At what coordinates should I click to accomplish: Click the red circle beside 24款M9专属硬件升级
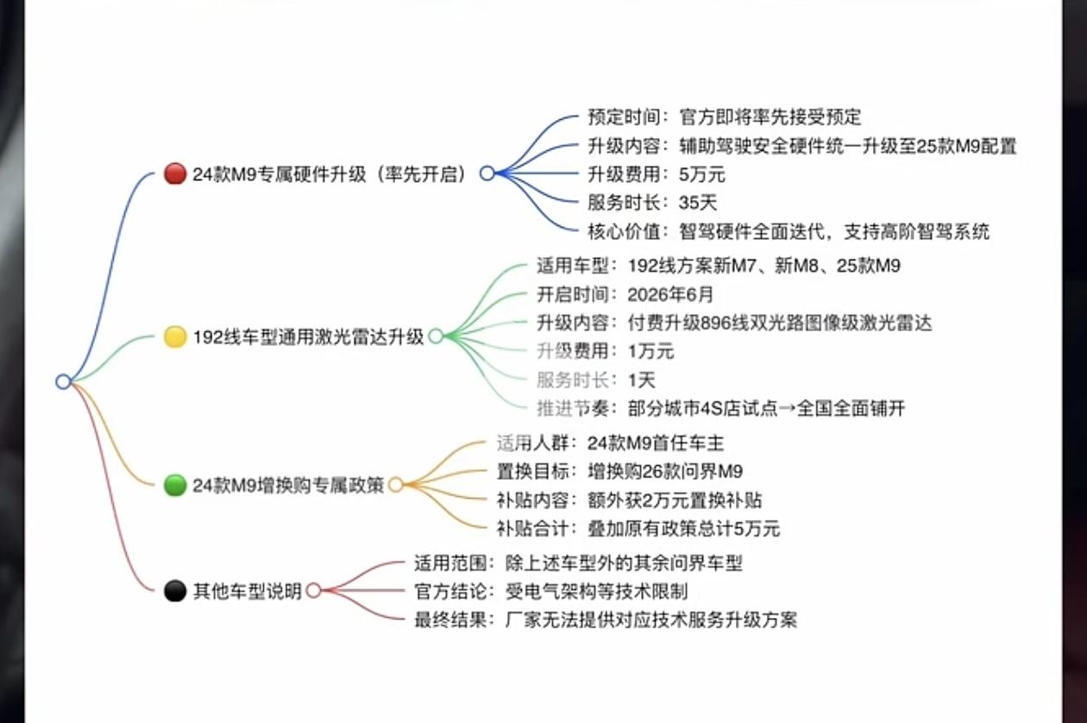(x=175, y=173)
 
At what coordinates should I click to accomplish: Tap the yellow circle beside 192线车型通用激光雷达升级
(x=175, y=336)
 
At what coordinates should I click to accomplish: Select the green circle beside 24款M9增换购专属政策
(x=175, y=485)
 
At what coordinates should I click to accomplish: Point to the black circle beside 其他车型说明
(x=175, y=591)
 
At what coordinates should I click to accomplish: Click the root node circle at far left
(x=63, y=381)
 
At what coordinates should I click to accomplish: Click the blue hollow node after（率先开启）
(x=487, y=173)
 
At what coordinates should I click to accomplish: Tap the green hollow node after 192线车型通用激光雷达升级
(x=436, y=336)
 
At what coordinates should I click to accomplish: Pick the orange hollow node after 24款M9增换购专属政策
(x=396, y=485)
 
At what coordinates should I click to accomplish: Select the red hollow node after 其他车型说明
(x=313, y=591)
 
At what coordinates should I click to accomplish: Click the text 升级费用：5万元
(x=656, y=174)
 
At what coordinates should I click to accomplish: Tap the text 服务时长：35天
(x=640, y=203)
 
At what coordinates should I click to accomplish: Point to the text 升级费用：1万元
(x=605, y=351)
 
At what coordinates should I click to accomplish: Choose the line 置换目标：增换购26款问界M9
(x=619, y=472)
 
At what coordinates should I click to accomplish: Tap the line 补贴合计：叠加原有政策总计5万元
(x=638, y=528)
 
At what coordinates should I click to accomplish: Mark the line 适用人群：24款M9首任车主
(x=610, y=443)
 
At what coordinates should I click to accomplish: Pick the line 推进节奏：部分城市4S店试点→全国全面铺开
(x=720, y=408)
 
